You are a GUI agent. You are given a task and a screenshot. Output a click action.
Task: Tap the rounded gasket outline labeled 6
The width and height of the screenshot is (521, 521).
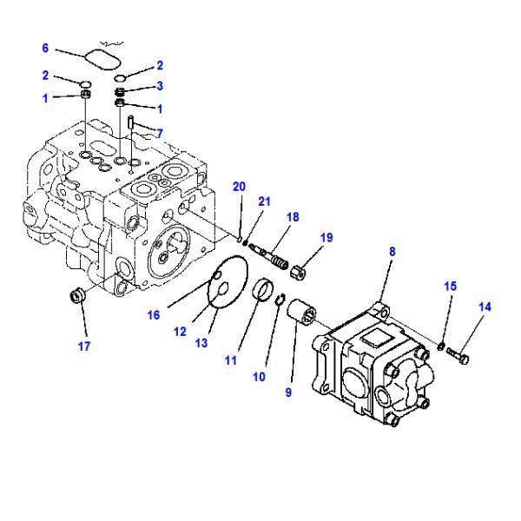point(102,57)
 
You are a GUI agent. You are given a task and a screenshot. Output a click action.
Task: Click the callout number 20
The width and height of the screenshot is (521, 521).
point(238,186)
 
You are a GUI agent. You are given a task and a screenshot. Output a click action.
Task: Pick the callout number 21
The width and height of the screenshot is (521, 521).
point(264,201)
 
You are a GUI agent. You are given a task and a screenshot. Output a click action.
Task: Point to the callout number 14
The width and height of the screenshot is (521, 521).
point(485,307)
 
